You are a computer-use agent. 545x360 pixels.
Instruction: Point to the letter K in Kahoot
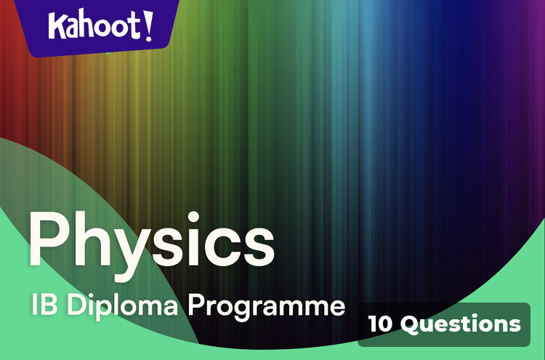click(x=57, y=26)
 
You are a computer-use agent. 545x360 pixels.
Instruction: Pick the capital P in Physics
click(x=49, y=239)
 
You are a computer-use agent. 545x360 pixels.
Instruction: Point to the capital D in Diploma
click(x=76, y=305)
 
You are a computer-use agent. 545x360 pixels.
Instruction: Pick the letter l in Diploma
click(x=118, y=305)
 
